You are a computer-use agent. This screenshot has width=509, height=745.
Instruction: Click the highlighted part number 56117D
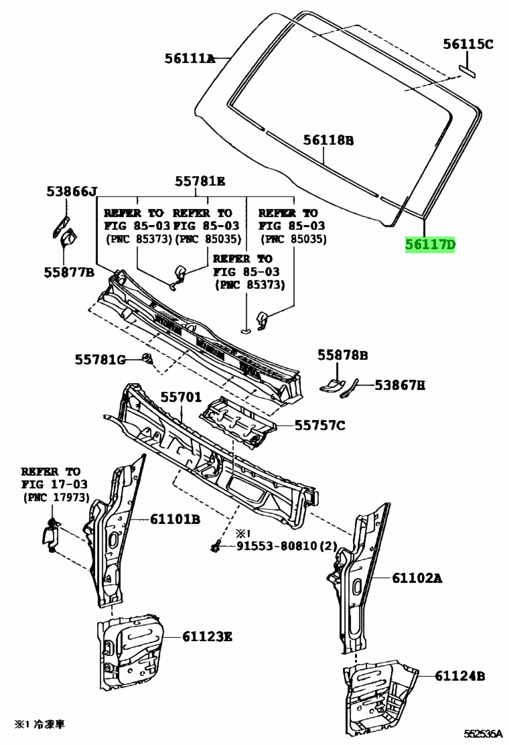(430, 245)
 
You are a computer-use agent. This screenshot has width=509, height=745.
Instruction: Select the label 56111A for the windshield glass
(190, 59)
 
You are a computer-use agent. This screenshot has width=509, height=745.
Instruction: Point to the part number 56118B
(328, 140)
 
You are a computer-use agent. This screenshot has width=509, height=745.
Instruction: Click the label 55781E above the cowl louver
(200, 181)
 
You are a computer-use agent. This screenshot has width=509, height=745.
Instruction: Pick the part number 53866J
(72, 192)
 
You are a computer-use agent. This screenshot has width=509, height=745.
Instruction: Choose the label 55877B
(69, 273)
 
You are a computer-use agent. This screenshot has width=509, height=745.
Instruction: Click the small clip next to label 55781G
(145, 360)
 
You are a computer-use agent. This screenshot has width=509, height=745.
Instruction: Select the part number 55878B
(342, 355)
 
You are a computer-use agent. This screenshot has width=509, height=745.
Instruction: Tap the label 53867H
(400, 385)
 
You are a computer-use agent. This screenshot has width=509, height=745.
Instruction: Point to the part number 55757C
(320, 425)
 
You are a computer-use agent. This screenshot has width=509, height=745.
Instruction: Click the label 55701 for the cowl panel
(181, 397)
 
